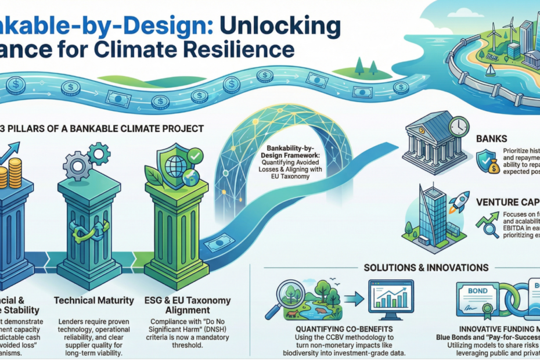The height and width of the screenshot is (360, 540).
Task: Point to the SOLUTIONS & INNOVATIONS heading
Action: click(x=426, y=268)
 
